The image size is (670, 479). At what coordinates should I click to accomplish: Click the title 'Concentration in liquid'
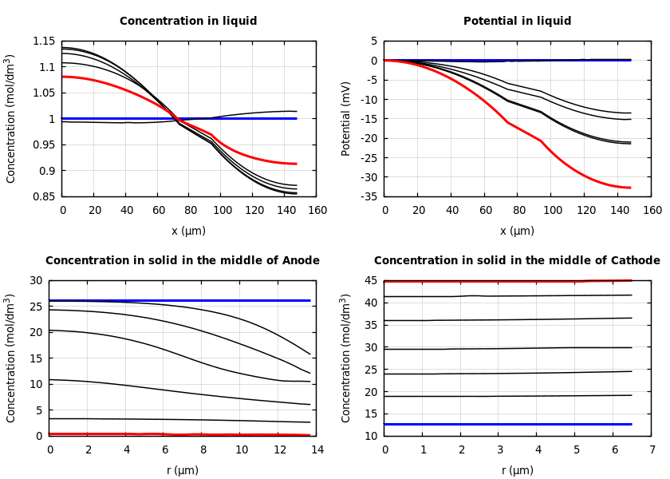click(x=188, y=22)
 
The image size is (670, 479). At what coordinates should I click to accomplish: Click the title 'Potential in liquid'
click(x=517, y=22)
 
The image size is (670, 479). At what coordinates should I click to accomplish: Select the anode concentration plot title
click(x=182, y=261)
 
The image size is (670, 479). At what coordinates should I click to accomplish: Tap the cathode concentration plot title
click(x=517, y=261)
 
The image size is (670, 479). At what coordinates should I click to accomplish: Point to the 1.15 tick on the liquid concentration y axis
click(x=44, y=42)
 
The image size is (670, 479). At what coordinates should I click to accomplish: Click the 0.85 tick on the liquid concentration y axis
click(x=44, y=196)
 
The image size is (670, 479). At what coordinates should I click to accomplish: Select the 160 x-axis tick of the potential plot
click(x=652, y=210)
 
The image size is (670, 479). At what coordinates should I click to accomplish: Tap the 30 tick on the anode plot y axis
click(x=35, y=281)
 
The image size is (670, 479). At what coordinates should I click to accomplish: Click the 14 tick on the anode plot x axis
click(x=317, y=449)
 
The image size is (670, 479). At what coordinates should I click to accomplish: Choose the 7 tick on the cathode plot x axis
click(x=652, y=449)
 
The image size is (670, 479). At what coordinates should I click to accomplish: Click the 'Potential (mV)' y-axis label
click(x=346, y=118)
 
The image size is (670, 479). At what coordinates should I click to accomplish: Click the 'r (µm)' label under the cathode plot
click(x=517, y=470)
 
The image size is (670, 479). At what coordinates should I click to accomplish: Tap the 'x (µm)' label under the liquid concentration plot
click(x=188, y=231)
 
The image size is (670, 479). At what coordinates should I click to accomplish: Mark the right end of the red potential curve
click(x=630, y=188)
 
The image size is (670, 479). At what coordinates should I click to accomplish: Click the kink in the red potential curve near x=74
click(x=508, y=122)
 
